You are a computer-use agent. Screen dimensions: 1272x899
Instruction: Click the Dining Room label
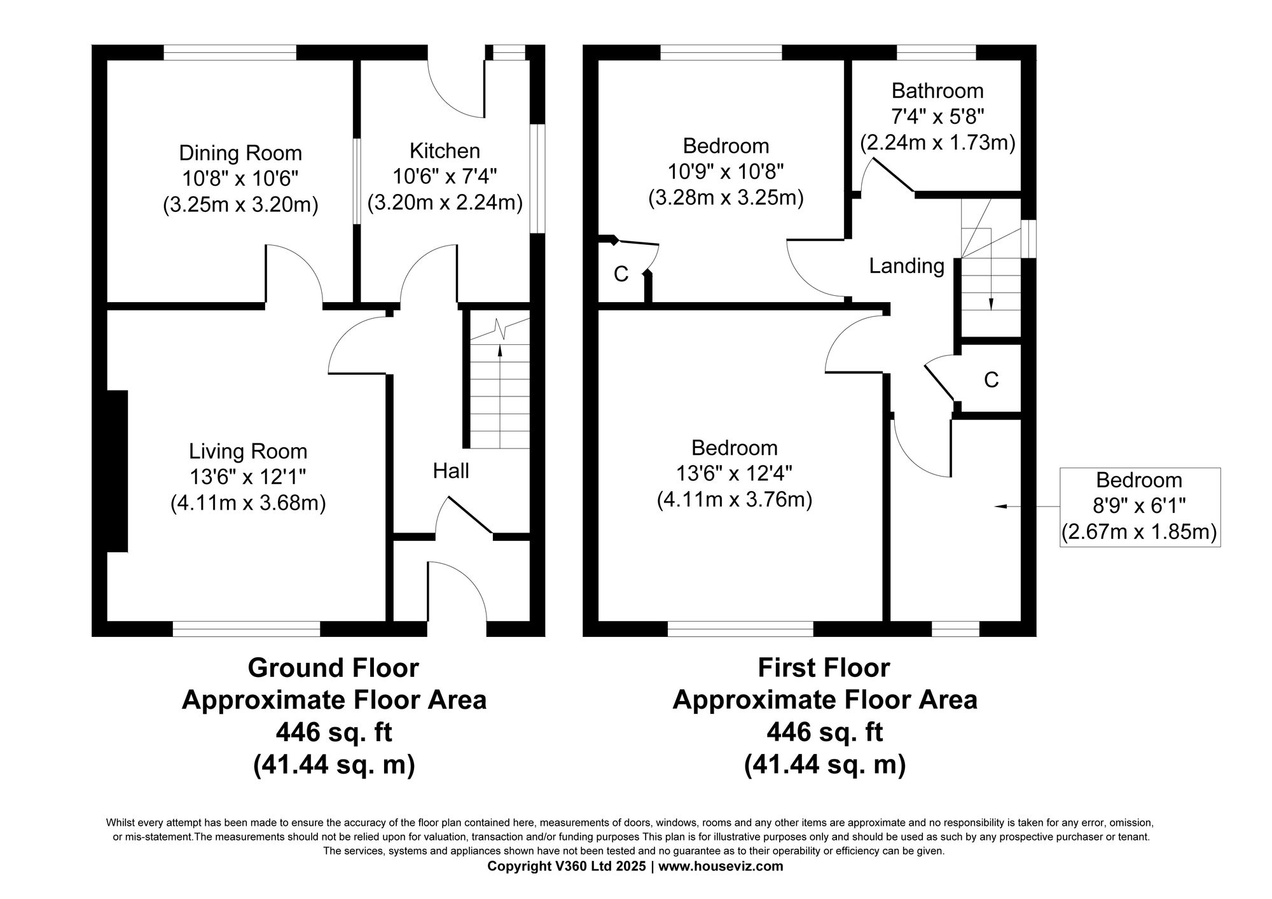[x=240, y=153]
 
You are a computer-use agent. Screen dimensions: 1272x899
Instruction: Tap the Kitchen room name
[x=445, y=151]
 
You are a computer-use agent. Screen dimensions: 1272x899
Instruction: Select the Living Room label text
[x=248, y=452]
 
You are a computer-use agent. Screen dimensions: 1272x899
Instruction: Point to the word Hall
[x=451, y=471]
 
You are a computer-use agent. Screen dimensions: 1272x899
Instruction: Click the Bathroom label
[x=937, y=91]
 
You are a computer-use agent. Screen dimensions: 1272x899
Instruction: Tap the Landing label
[x=907, y=266]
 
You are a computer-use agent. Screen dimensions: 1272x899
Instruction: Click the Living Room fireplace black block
[x=118, y=471]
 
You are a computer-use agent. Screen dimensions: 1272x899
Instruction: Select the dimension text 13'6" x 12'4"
[x=735, y=474]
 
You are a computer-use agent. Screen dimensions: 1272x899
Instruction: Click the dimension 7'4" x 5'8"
[x=937, y=116]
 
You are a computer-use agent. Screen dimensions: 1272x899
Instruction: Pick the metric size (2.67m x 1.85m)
[x=1139, y=532]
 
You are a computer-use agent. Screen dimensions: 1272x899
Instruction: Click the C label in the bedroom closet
[x=621, y=274]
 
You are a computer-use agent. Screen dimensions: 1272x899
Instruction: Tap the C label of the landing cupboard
[x=991, y=380]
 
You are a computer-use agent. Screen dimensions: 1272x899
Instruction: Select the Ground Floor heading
[x=333, y=668]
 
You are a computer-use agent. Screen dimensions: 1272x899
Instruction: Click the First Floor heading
[x=824, y=668]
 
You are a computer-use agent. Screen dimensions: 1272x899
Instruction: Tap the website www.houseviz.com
[x=721, y=866]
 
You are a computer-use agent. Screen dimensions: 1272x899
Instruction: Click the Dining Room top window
[x=230, y=52]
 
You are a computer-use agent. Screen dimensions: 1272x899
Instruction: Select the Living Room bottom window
[x=246, y=629]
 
